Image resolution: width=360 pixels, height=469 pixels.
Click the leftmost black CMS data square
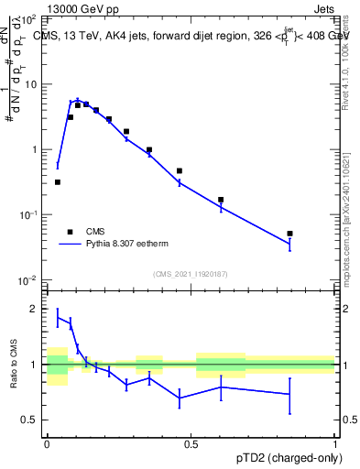58,182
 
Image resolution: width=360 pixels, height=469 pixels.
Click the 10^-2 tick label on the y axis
31,279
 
